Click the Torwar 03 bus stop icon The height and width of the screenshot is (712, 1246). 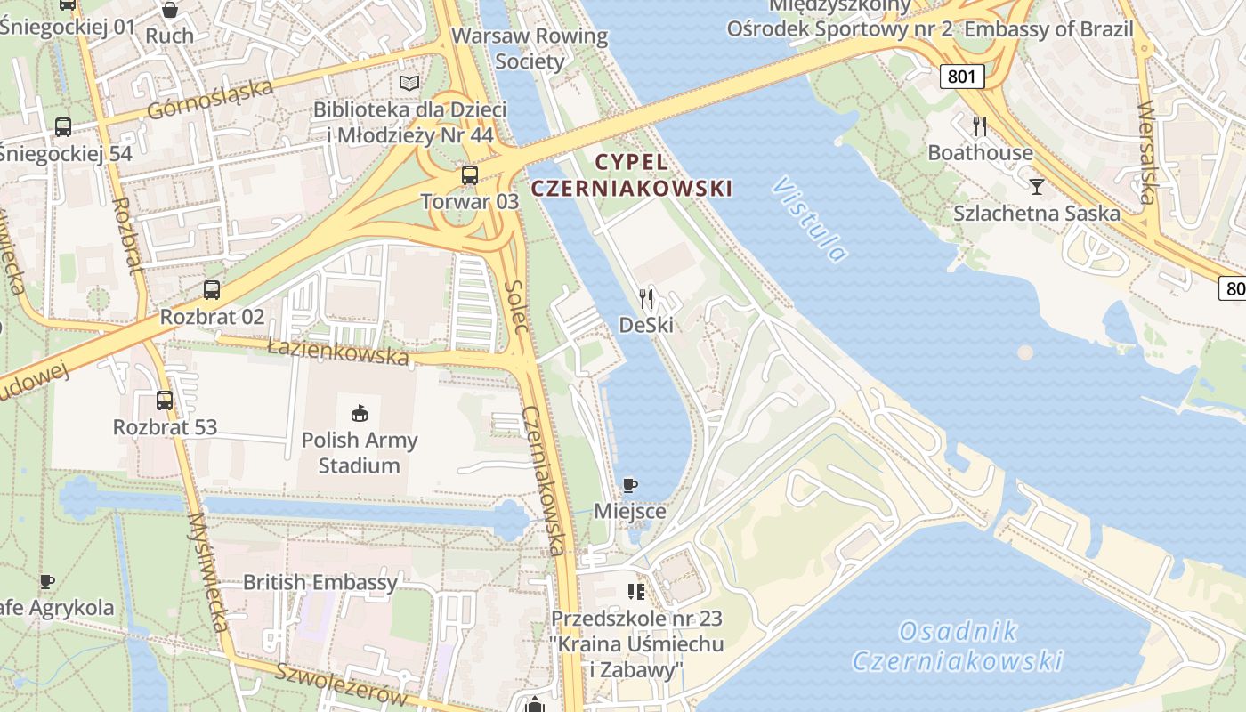coord(470,175)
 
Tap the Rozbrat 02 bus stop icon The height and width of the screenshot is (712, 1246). coord(212,290)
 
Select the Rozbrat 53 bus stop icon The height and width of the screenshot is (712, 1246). coord(165,400)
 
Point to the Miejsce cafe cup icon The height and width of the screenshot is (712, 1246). coord(630,485)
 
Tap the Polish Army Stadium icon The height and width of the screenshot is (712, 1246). coord(360,413)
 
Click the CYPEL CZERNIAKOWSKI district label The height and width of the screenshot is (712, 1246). coord(632,175)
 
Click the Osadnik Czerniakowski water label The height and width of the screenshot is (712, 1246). coord(958,646)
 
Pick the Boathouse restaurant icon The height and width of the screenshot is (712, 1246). coord(980,126)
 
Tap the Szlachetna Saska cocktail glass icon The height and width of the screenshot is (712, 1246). coord(1037,187)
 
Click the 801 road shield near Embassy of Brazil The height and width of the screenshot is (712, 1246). coord(961,77)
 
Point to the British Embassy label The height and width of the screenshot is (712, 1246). coord(320,583)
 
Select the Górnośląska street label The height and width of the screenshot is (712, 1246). coord(210,99)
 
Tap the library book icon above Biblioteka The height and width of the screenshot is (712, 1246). coord(409,84)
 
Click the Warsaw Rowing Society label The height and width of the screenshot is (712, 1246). coord(530,49)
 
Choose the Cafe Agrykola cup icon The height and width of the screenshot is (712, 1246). coord(47,582)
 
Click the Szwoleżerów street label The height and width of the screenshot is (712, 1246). coord(341,684)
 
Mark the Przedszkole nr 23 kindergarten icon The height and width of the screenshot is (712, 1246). coord(636,591)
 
